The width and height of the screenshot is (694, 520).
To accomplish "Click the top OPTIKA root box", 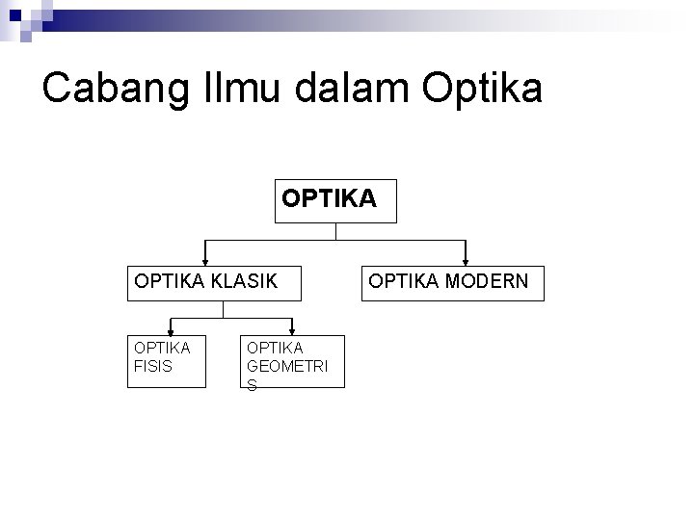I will click(334, 199).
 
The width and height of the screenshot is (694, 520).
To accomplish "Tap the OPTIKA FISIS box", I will click(168, 361).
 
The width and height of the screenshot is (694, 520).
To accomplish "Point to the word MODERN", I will click(489, 282).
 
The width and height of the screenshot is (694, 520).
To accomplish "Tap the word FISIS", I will click(151, 367).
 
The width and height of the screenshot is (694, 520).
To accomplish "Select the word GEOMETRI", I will click(287, 367).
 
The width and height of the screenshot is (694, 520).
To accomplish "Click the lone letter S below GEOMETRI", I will click(253, 384).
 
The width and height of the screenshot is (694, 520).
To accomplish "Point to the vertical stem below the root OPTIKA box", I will click(334, 231).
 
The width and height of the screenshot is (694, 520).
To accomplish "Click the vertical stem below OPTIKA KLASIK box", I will click(223, 308).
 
